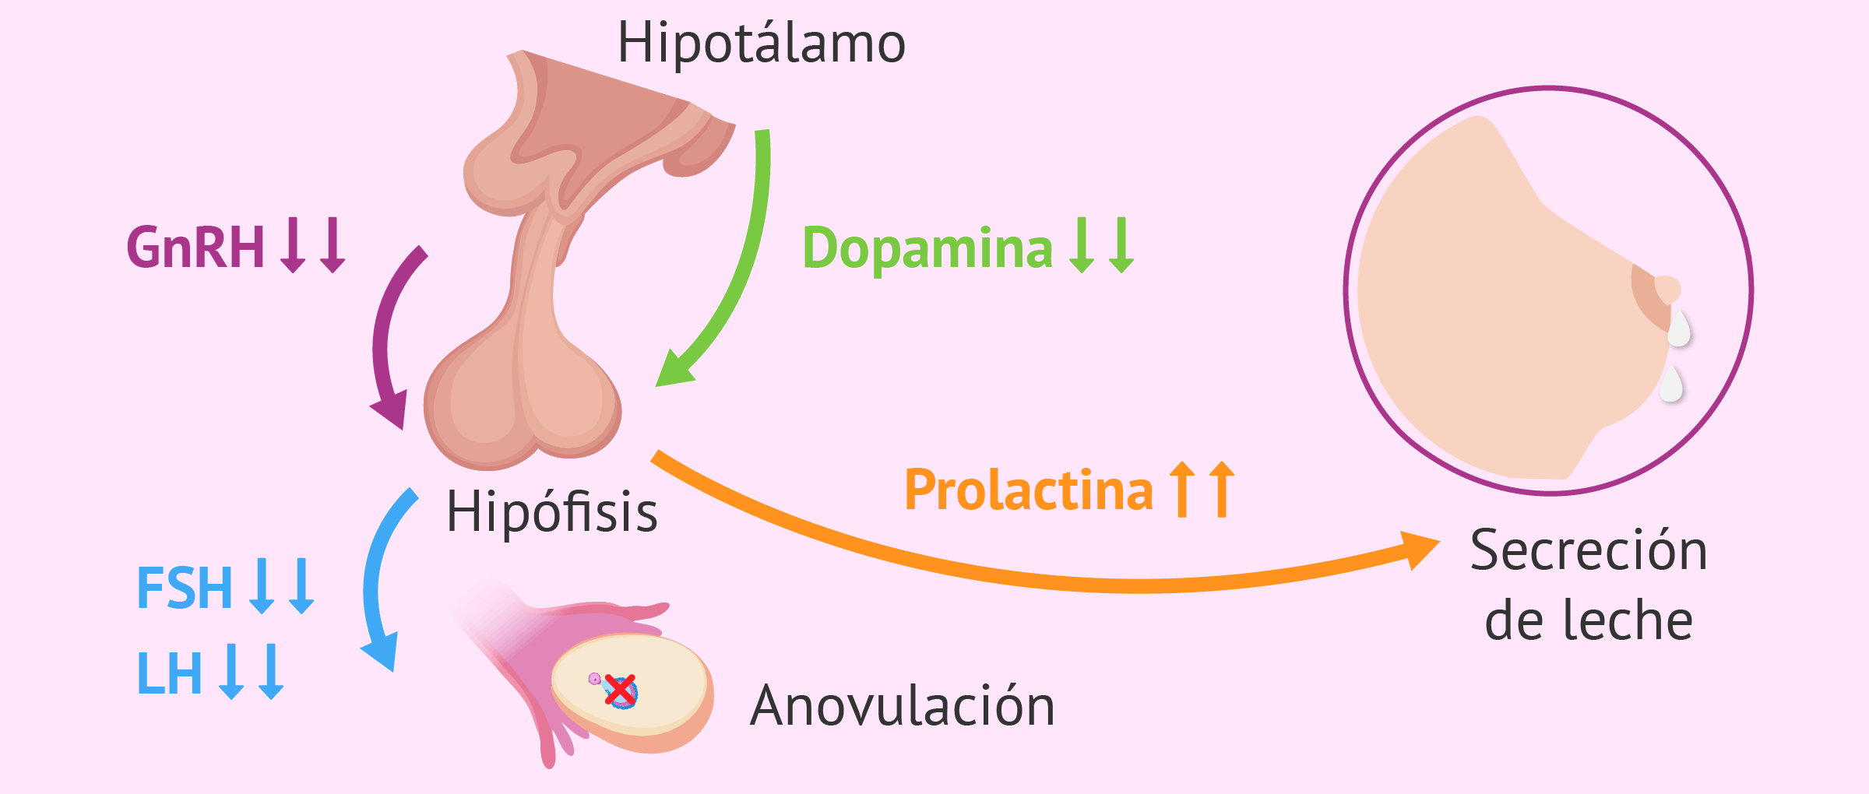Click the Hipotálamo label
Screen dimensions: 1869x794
click(761, 42)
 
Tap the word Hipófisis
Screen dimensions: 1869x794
click(552, 511)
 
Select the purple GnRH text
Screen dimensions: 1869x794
click(195, 248)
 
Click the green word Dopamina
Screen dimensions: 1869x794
click(927, 248)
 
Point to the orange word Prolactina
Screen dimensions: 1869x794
click(1029, 490)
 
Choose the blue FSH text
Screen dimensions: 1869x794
click(185, 588)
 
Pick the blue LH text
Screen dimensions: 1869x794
click(170, 673)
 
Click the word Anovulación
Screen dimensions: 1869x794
click(903, 705)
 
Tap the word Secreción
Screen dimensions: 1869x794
click(1589, 550)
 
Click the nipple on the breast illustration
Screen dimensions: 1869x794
click(1667, 289)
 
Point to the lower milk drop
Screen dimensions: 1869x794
click(1671, 383)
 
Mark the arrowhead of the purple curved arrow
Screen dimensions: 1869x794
click(390, 409)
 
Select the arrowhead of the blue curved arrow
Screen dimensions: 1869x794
click(382, 651)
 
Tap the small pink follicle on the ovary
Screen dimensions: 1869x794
click(594, 679)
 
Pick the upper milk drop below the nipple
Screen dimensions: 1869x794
click(1678, 328)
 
